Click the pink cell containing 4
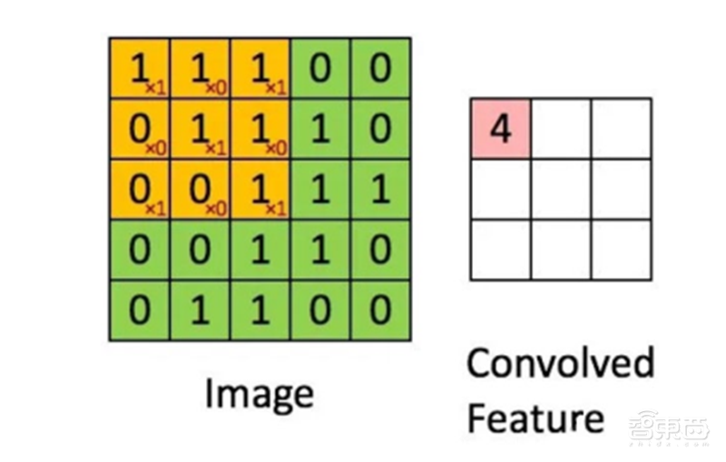[x=500, y=128]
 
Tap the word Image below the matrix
[x=260, y=394]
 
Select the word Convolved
[x=559, y=364]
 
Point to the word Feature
[x=535, y=418]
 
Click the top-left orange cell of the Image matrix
[x=140, y=68]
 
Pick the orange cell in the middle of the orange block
[x=200, y=129]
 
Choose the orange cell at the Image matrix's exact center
[x=260, y=189]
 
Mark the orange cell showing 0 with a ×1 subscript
[x=140, y=189]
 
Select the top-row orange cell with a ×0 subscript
[x=200, y=68]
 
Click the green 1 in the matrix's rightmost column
[x=379, y=189]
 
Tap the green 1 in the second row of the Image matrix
[x=319, y=129]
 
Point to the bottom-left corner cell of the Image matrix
[x=140, y=310]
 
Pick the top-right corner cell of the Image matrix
[x=379, y=68]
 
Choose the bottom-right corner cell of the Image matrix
[x=379, y=310]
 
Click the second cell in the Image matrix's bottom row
[x=200, y=310]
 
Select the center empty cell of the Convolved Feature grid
[x=560, y=189]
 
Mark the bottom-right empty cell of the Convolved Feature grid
[x=621, y=250]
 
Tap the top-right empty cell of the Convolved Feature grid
[x=621, y=128]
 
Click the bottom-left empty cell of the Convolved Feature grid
[x=500, y=250]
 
